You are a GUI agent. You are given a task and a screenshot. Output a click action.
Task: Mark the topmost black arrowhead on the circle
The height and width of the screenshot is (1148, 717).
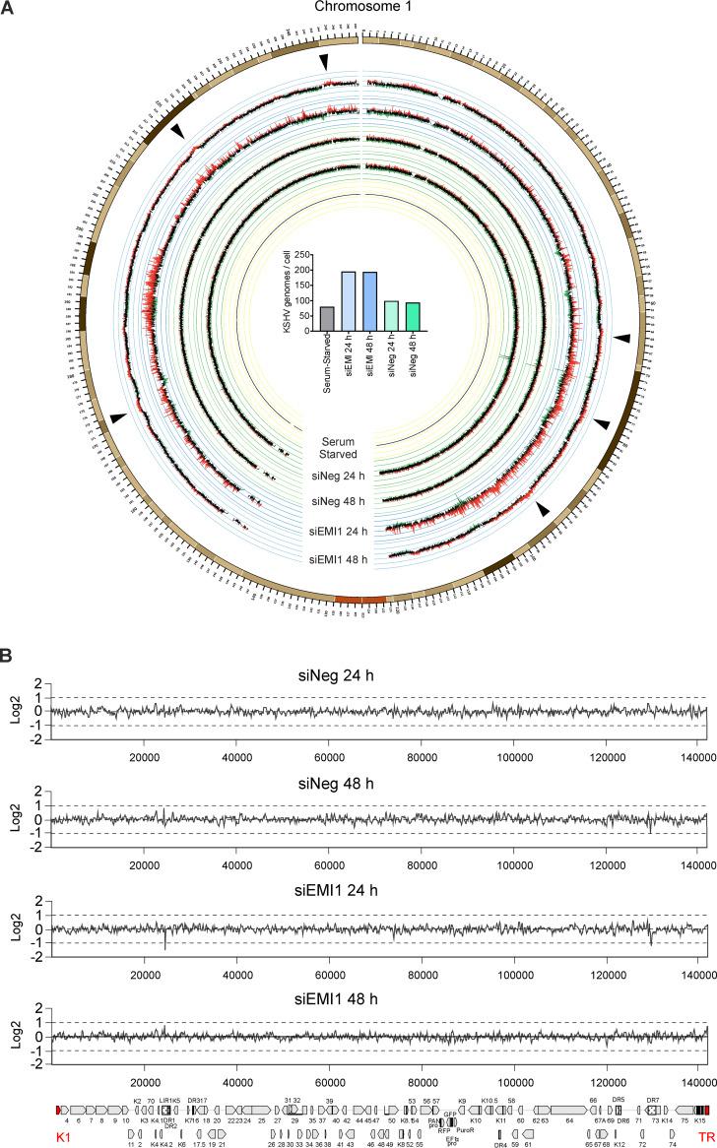[x=325, y=62]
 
